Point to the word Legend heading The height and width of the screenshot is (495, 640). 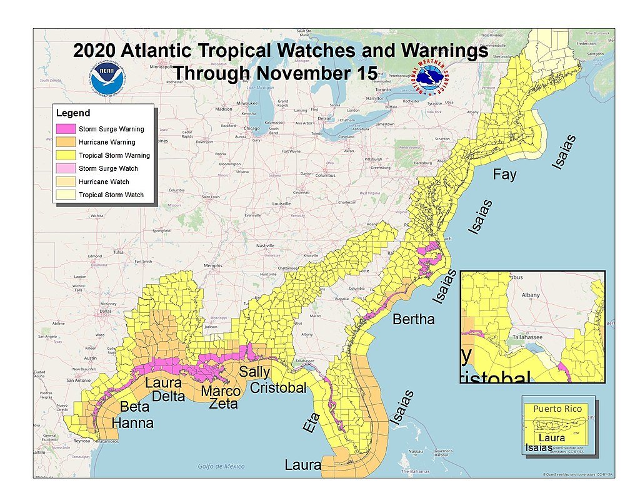tap(73, 113)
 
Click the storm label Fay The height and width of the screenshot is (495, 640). tap(504, 175)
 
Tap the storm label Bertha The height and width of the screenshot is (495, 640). tap(413, 319)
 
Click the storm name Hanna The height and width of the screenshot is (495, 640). tap(132, 423)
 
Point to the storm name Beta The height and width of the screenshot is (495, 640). tap(134, 406)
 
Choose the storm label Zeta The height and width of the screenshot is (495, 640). tap(223, 404)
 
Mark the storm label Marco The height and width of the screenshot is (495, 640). tap(221, 392)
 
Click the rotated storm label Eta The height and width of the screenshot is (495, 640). tap(312, 422)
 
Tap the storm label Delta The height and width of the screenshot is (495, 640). tap(164, 395)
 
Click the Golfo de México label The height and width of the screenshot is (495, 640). tap(221, 466)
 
